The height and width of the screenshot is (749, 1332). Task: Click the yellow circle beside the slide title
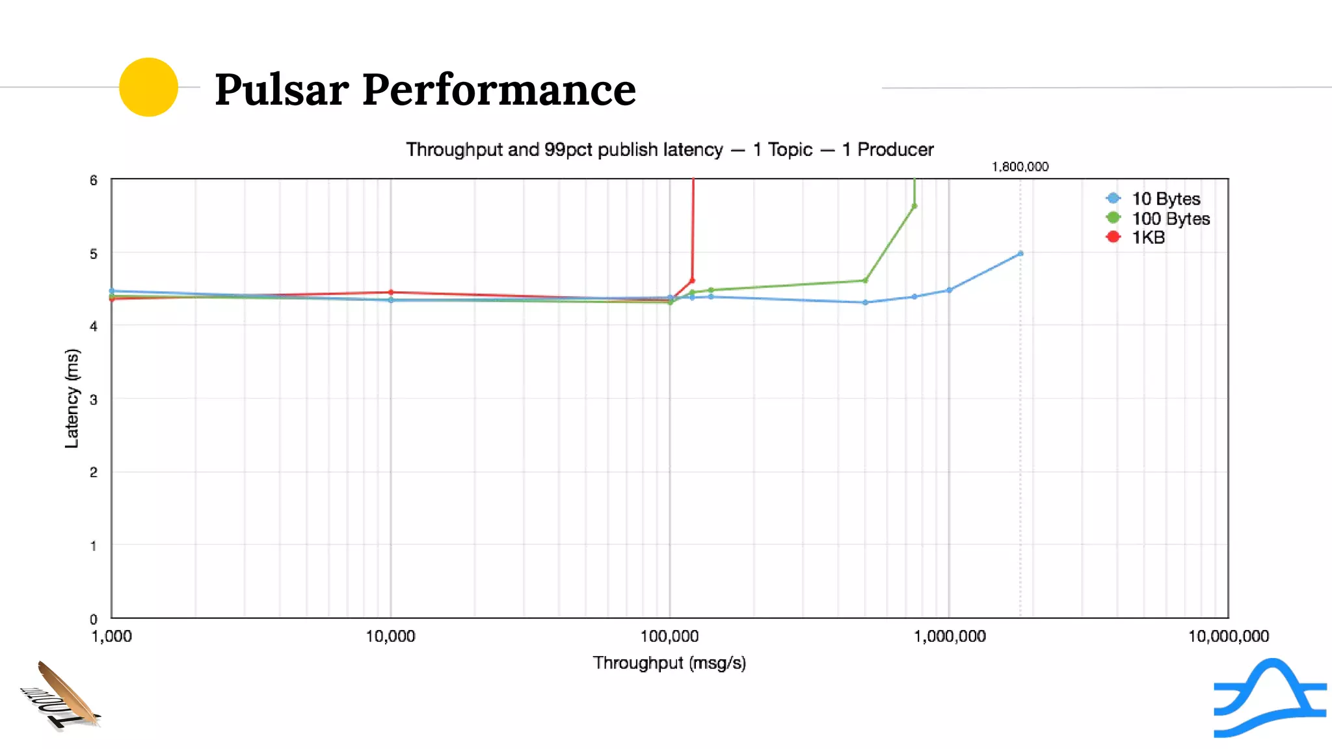click(148, 87)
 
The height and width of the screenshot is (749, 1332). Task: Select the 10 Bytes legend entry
click(1165, 198)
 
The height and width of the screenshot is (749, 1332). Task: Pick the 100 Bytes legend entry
click(1170, 218)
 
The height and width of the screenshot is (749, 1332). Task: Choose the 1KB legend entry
click(1148, 237)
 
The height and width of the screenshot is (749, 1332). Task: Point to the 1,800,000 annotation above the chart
click(1020, 167)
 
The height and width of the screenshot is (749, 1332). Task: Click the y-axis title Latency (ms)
click(72, 399)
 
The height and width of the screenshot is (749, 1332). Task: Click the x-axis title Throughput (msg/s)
click(669, 663)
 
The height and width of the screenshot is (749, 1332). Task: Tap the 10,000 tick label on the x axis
click(390, 636)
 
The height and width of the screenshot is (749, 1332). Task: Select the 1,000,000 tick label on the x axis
click(950, 636)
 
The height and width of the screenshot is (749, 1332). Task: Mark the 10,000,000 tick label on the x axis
click(1228, 636)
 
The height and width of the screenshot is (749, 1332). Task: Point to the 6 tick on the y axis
click(94, 180)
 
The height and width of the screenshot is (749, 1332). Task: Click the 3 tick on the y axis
click(94, 399)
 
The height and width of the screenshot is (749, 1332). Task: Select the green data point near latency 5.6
click(914, 206)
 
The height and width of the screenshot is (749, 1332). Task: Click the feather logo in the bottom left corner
click(63, 696)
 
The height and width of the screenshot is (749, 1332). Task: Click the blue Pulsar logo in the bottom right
click(1270, 698)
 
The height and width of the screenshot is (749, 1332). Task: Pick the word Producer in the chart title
click(895, 150)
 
